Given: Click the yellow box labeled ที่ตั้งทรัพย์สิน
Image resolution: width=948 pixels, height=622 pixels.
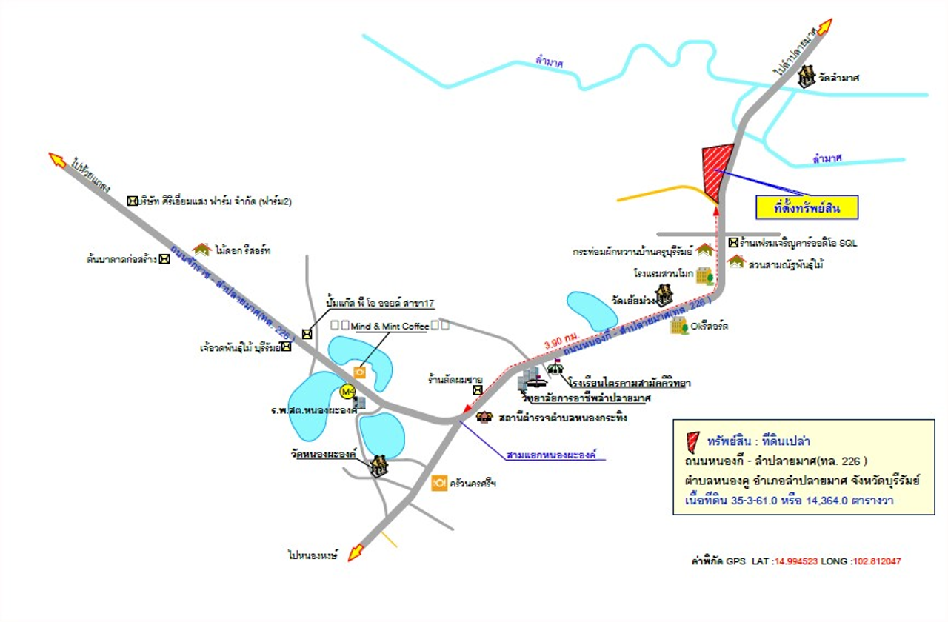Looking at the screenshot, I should (806, 207).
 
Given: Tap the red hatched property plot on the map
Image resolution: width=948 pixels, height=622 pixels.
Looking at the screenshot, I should (715, 170).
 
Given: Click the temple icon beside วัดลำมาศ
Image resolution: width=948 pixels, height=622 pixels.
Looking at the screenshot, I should (807, 76).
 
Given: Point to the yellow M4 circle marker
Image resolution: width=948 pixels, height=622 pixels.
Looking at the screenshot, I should (347, 391).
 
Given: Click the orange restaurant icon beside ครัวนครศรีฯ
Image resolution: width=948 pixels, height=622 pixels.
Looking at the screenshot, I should (439, 482).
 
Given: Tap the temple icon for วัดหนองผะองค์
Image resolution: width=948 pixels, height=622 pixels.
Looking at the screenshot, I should (379, 466).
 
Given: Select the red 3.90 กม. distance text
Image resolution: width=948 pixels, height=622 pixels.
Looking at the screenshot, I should (560, 344).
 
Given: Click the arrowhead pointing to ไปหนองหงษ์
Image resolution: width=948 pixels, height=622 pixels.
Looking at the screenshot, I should (356, 552).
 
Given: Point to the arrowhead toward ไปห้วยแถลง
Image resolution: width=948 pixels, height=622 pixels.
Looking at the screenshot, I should (57, 158).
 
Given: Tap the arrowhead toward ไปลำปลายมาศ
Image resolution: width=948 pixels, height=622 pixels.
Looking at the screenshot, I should (824, 27).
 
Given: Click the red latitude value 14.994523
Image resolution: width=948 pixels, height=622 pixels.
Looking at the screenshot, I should (796, 561).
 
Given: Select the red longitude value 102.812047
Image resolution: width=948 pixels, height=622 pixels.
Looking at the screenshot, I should (876, 561).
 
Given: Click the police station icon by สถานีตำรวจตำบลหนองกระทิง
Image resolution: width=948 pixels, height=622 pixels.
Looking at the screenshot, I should (484, 418).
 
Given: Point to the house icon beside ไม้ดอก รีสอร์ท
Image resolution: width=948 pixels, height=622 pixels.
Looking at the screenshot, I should (201, 250).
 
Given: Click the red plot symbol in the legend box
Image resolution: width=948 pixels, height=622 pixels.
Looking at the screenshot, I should (692, 441).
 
